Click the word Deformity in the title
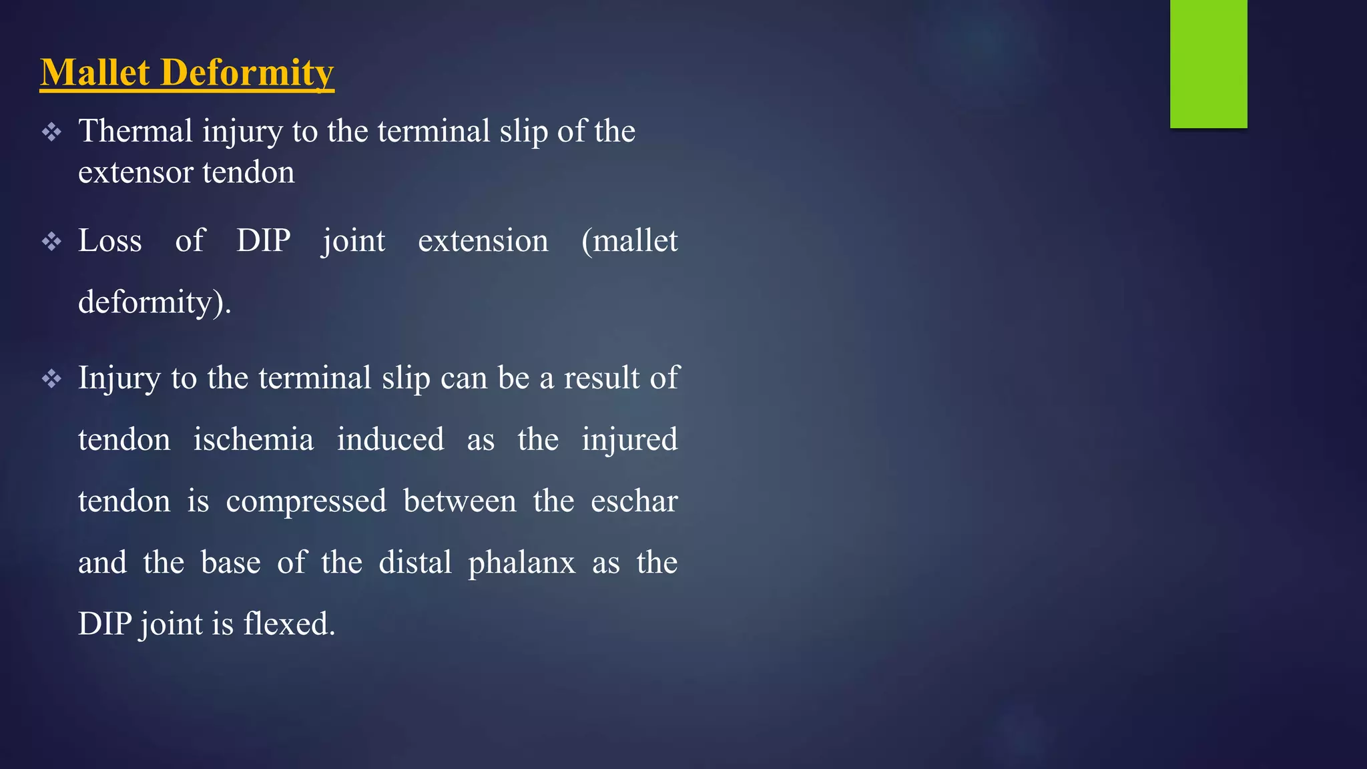click(x=247, y=72)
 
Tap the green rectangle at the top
click(x=1208, y=63)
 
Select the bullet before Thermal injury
click(x=51, y=132)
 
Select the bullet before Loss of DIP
click(x=51, y=242)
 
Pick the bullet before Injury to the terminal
click(x=51, y=379)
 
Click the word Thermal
click(x=135, y=131)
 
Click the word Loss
click(x=110, y=240)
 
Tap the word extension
click(x=483, y=240)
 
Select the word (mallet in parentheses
click(x=629, y=240)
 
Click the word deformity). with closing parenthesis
click(x=154, y=302)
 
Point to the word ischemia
click(x=253, y=440)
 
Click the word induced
click(x=390, y=440)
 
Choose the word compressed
click(x=306, y=501)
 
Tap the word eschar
click(x=634, y=501)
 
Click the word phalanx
click(x=521, y=563)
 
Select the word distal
click(x=415, y=563)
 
